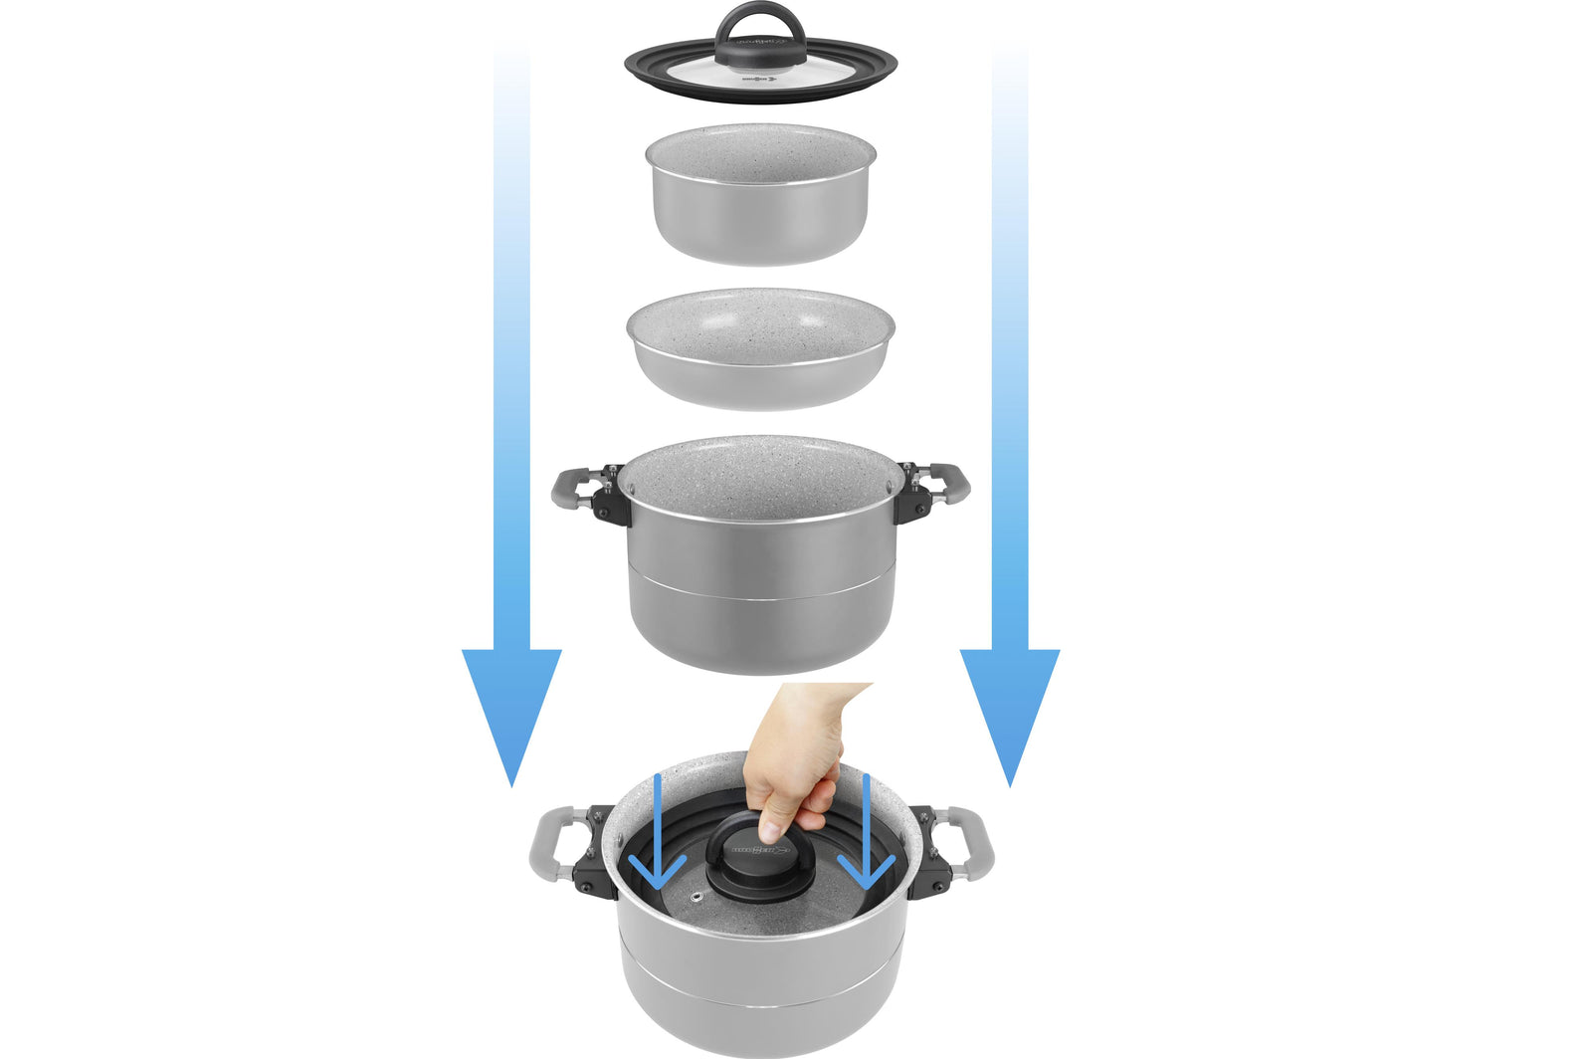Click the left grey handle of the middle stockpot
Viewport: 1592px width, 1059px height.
point(569,487)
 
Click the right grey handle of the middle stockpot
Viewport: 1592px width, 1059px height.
point(950,485)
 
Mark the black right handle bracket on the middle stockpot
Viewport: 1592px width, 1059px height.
point(910,498)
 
